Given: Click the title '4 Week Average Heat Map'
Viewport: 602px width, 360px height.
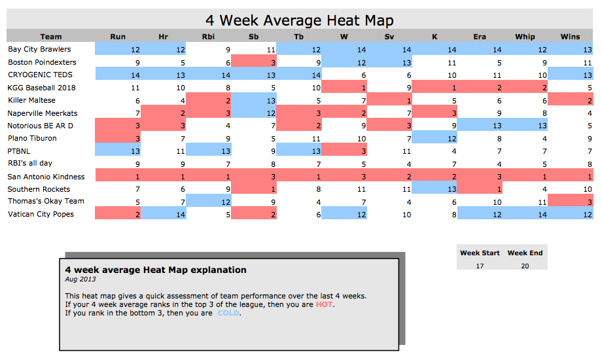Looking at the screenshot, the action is pos(300,20).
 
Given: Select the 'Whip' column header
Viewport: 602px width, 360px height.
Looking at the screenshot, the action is pos(525,37).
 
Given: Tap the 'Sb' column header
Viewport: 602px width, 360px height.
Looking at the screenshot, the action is pos(253,37).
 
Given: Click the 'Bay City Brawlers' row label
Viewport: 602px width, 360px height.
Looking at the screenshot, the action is pos(39,49).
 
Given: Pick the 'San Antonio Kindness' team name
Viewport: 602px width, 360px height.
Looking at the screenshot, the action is pos(46,177).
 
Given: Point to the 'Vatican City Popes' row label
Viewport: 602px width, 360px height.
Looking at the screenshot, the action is pos(41,214).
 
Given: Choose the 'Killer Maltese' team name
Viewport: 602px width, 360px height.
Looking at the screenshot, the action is pos(31,100).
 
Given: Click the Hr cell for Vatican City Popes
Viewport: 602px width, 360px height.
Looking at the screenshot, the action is pos(163,214).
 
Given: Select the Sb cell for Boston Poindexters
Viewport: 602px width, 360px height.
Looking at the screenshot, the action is pos(254,62).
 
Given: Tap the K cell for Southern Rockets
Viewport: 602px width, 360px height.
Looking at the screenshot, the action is pos(434,189).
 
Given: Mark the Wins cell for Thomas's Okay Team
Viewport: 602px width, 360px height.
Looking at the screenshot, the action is pos(570,201).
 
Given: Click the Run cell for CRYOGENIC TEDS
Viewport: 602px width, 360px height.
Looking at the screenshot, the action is pos(118,74).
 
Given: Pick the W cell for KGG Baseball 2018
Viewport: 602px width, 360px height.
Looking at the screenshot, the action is pos(344,87).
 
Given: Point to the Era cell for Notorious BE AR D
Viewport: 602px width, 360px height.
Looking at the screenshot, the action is pos(480,125).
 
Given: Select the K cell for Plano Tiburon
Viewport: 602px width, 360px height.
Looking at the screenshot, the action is pos(434,137).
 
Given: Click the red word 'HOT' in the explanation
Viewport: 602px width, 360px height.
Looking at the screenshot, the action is pos(325,304).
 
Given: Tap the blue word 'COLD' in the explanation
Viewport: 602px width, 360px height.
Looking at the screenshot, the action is pos(228,313).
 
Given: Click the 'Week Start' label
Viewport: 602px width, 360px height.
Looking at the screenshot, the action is pos(480,253).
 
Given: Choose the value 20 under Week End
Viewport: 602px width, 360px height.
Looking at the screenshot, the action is pos(525,266).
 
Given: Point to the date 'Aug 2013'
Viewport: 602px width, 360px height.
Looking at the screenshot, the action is pos(80,279).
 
